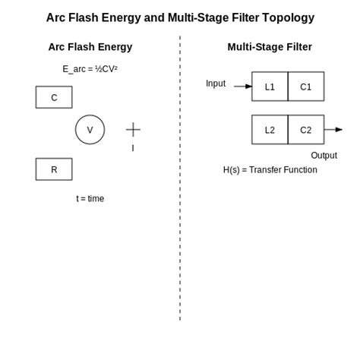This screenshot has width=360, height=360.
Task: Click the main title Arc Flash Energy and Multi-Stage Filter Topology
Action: point(180,17)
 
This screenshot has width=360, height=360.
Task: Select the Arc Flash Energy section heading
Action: point(90,47)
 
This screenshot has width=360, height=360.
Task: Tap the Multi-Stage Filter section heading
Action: point(270,47)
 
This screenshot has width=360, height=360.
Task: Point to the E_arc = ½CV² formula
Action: point(90,69)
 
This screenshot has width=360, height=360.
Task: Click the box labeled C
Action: point(54,97)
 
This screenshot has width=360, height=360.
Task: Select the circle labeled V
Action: point(90,130)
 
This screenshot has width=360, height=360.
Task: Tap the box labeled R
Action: point(54,169)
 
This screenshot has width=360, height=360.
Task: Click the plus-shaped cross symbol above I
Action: point(133,130)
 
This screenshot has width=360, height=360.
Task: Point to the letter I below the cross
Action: point(133,148)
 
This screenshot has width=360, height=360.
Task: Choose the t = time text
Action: point(90,199)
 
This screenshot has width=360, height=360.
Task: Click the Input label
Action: point(216,84)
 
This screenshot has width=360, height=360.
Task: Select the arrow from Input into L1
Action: point(243,87)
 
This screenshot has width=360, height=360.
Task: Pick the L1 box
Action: point(270,87)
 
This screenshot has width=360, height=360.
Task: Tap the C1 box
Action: point(306,87)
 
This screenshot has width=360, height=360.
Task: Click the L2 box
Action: point(270,130)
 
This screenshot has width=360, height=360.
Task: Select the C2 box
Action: point(306,130)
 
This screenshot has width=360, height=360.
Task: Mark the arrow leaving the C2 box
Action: point(333,130)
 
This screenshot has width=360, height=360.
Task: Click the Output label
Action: point(324,156)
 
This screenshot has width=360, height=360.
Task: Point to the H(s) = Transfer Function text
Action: point(270,170)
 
